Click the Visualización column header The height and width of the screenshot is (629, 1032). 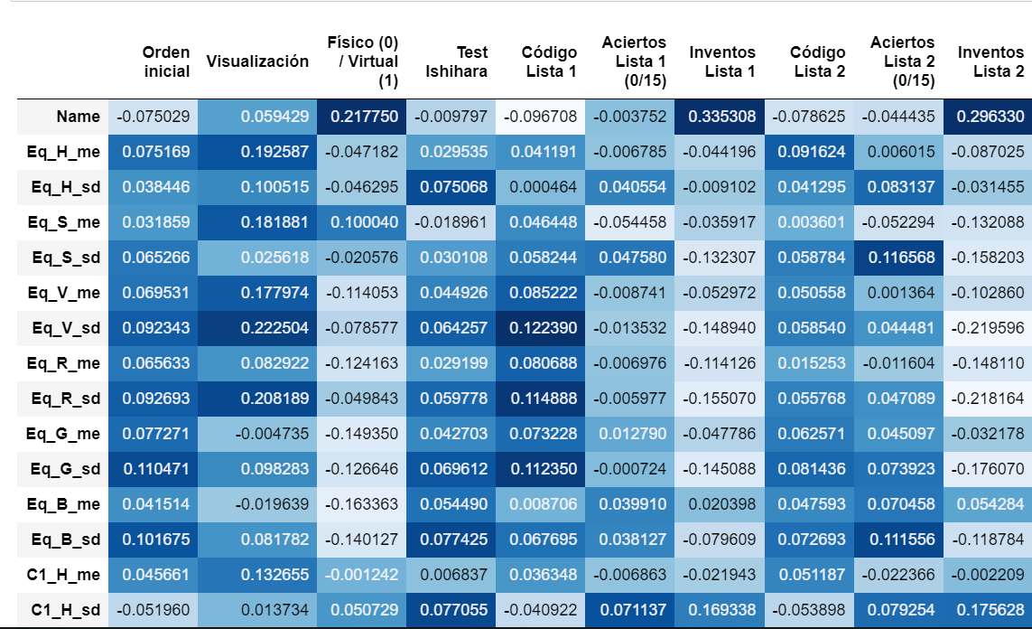257,61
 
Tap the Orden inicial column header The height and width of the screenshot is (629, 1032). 166,61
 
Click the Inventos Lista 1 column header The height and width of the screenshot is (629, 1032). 721,61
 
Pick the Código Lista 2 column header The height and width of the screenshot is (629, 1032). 817,61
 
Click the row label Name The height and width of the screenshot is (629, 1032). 78,117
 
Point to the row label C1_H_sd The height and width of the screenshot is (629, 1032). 65,610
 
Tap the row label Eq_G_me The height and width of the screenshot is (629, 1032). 65,434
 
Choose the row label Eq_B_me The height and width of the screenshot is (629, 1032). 65,504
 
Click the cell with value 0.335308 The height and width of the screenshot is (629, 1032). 720,117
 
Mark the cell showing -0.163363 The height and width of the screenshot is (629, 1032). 363,504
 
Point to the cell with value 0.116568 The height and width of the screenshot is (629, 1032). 899,258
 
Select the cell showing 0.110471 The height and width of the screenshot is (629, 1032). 154,469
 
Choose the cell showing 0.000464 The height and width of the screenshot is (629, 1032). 542,187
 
